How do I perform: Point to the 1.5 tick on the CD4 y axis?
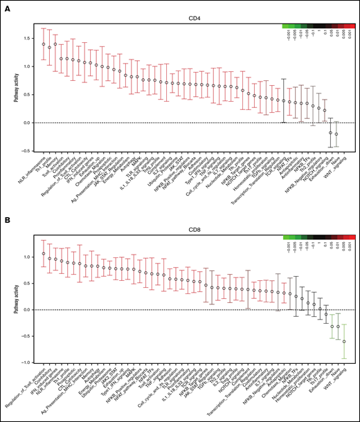pyautogui.click(x=26, y=38)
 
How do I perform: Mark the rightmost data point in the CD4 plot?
pyautogui.click(x=337, y=134)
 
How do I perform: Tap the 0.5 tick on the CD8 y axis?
pyautogui.click(x=26, y=283)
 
